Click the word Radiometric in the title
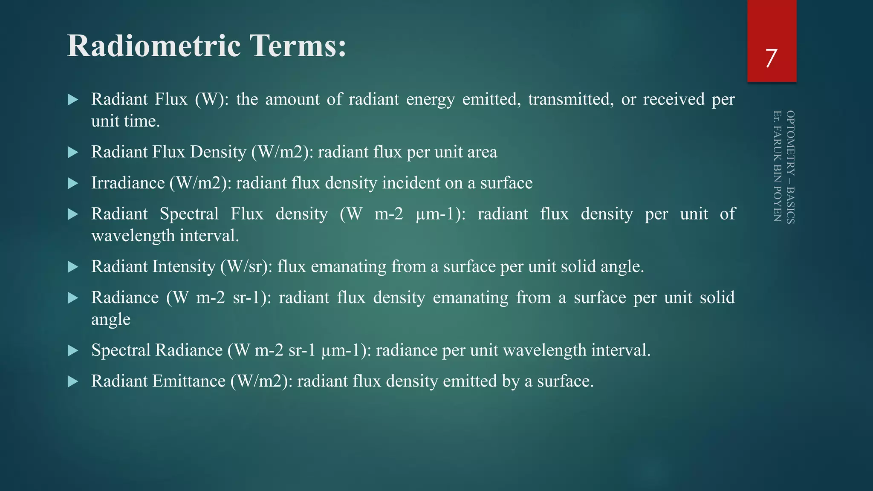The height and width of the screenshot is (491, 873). click(x=154, y=46)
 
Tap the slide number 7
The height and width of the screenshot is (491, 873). click(x=771, y=58)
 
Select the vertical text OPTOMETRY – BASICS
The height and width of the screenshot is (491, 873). click(x=790, y=167)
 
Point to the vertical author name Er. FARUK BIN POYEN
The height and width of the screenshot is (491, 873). click(x=777, y=166)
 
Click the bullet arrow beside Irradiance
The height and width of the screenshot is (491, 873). click(x=73, y=183)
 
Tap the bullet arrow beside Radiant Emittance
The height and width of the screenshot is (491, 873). click(x=73, y=381)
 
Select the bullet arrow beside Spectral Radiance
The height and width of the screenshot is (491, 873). click(x=73, y=351)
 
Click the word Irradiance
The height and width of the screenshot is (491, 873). click(x=128, y=183)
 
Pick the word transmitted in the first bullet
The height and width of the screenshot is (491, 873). click(x=571, y=99)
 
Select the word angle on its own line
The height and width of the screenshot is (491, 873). click(x=111, y=320)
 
